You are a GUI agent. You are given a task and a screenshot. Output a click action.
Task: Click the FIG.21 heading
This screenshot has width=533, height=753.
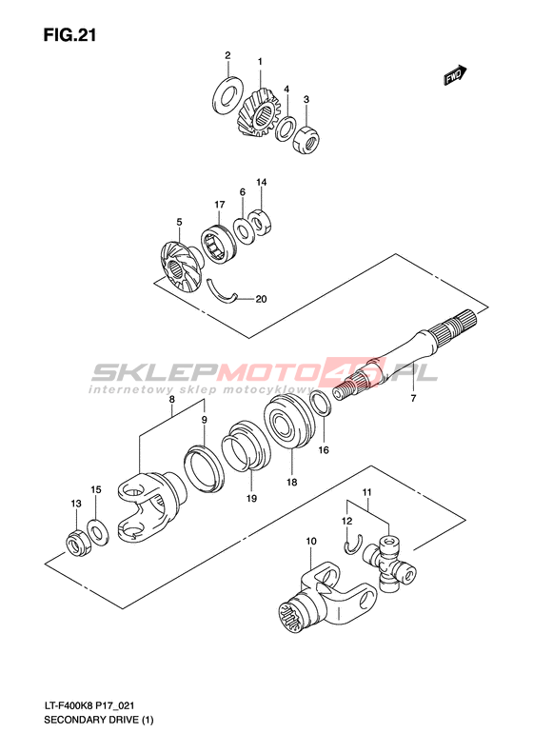pos(70,35)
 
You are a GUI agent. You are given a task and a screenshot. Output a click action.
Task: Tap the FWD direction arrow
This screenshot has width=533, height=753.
pos(455,75)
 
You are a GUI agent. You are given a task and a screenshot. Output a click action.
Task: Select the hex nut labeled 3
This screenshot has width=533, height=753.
pos(306,138)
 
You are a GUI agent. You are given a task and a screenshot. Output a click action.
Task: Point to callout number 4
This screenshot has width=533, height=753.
pos(286,89)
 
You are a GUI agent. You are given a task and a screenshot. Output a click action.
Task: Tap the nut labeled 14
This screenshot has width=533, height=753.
pos(261,222)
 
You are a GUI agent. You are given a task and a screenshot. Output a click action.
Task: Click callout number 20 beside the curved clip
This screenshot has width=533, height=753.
pos(261,299)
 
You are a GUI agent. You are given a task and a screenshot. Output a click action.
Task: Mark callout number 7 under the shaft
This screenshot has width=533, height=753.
pos(413,398)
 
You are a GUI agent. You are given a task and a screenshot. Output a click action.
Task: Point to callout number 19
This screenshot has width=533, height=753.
pos(251,498)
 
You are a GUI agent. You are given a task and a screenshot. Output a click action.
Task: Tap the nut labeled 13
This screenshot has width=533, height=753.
pos(76,543)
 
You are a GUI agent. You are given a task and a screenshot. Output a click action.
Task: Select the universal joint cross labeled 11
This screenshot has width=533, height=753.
pos(389,563)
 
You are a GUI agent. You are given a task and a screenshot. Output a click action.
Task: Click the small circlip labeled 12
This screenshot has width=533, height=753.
pos(352,545)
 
